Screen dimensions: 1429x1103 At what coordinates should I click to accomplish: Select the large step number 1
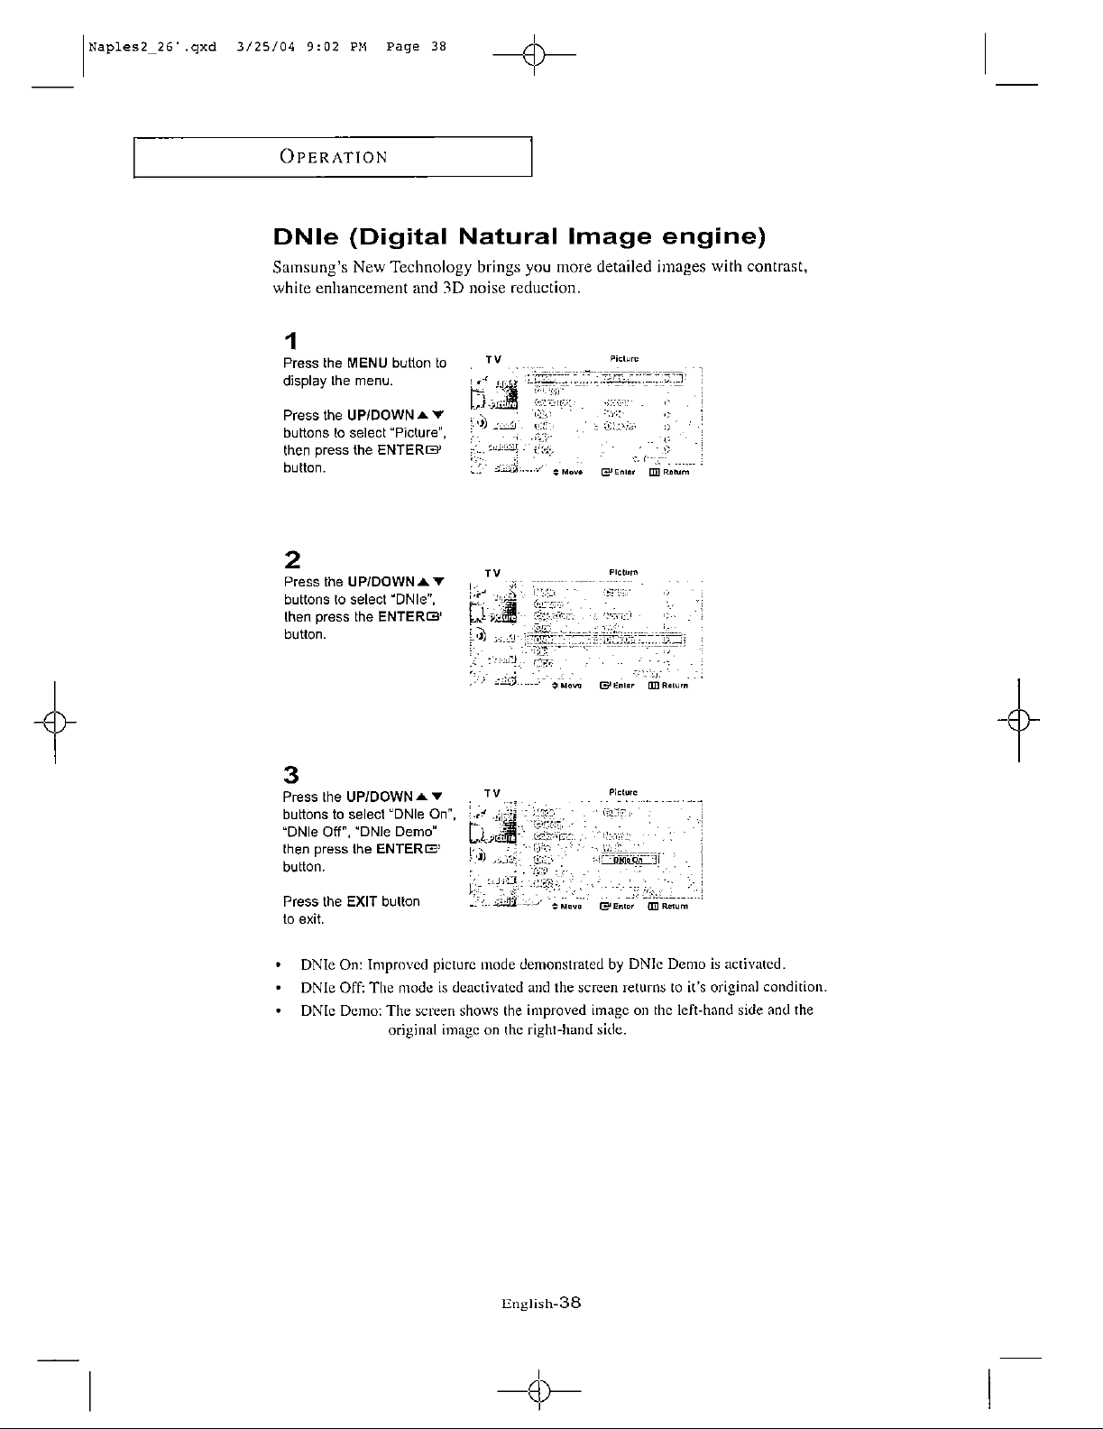(x=290, y=342)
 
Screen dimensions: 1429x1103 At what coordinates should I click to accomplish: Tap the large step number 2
(x=291, y=558)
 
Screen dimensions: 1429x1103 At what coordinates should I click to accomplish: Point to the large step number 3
(x=291, y=774)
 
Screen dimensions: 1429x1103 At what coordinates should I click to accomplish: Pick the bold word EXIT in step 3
(x=362, y=901)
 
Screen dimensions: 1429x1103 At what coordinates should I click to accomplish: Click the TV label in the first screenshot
(x=492, y=359)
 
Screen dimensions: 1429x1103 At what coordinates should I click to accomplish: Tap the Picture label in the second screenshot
(x=624, y=572)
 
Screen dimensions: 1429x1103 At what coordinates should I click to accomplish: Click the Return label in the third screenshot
(x=675, y=908)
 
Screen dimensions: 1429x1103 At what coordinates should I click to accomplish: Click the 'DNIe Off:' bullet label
(x=329, y=986)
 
